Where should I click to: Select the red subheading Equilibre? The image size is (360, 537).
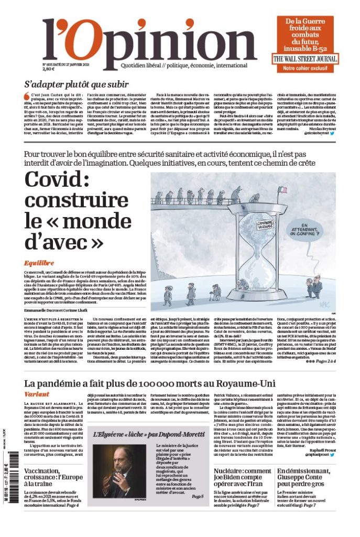pyautogui.click(x=39, y=262)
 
